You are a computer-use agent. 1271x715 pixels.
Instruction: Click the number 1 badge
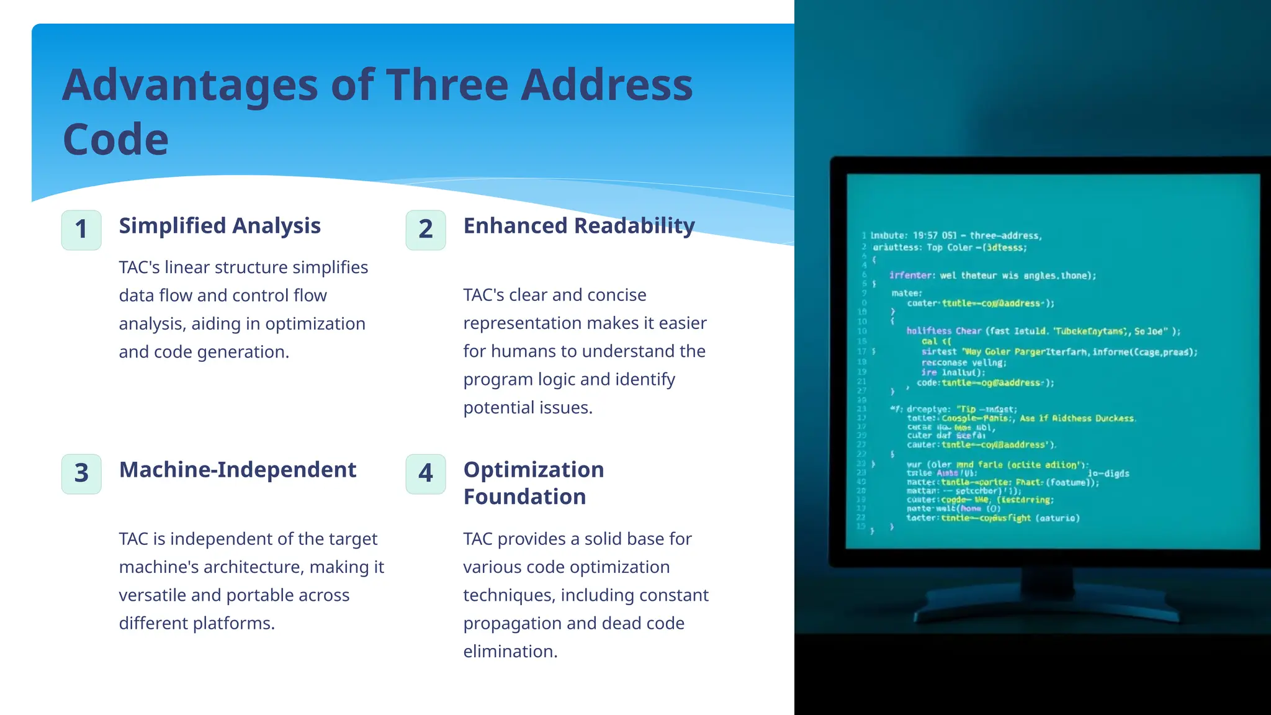click(81, 230)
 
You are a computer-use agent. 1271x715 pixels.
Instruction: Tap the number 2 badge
click(426, 230)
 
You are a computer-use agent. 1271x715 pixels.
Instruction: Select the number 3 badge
click(81, 474)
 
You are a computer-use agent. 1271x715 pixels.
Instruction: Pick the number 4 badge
click(426, 474)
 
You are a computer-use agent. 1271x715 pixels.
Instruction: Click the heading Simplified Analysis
click(220, 226)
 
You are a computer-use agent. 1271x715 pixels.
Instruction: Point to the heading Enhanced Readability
click(578, 226)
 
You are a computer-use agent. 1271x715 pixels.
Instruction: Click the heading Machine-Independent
click(237, 470)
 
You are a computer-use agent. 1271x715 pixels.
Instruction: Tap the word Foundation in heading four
click(524, 497)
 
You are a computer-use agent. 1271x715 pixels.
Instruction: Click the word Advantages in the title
click(190, 85)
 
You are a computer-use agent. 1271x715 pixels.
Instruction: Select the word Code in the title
click(115, 140)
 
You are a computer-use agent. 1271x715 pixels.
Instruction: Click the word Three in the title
click(447, 85)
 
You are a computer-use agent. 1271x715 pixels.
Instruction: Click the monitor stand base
click(1045, 613)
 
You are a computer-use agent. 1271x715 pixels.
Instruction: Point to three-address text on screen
click(1005, 236)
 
